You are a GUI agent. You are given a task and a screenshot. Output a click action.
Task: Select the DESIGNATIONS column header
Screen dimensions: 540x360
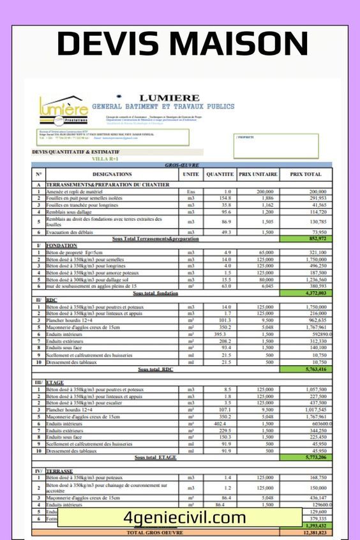(x=112, y=174)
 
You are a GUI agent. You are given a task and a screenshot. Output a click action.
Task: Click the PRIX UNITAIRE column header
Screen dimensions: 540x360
(x=258, y=174)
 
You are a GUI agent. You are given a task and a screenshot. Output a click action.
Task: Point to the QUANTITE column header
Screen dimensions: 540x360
(x=220, y=174)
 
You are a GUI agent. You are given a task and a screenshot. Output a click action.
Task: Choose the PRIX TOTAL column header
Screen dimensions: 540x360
(x=306, y=174)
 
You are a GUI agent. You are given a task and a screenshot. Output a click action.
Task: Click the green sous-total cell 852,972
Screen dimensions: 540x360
(x=306, y=239)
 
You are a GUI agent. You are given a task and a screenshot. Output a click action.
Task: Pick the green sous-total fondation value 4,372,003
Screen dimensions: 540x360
(x=306, y=293)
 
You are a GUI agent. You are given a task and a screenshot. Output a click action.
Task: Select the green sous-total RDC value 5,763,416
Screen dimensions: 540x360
(x=306, y=369)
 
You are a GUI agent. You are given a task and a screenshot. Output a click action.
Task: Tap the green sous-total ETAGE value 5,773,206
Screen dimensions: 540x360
(x=306, y=458)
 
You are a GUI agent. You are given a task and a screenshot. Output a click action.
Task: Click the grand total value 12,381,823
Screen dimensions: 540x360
(x=306, y=532)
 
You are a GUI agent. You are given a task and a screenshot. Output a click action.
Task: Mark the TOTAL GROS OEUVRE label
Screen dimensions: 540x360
(x=156, y=532)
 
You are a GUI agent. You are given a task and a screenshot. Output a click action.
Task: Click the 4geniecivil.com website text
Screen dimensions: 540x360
(x=184, y=518)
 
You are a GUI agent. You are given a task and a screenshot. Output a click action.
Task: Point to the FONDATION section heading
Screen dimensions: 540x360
(x=62, y=245)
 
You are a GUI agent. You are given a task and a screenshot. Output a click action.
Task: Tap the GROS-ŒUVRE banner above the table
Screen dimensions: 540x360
(x=182, y=165)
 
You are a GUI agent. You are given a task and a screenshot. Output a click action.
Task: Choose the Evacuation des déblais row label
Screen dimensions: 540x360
(x=77, y=232)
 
